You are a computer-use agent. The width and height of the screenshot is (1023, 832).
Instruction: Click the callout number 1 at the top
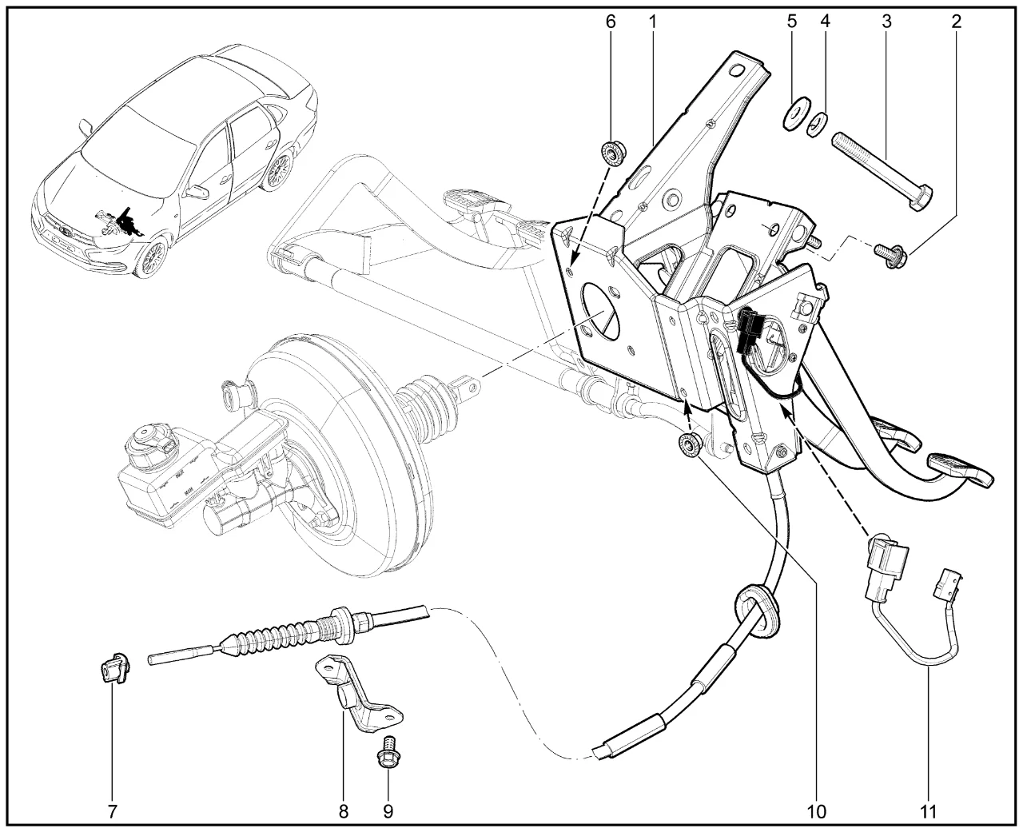tap(652, 22)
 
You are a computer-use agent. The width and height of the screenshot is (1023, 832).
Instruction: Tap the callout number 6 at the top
tap(611, 22)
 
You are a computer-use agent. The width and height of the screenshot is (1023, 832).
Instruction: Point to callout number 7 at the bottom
tap(112, 811)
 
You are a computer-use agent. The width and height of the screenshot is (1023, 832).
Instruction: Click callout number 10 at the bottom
tap(816, 811)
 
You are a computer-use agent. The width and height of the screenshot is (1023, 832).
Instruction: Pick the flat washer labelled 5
tap(796, 112)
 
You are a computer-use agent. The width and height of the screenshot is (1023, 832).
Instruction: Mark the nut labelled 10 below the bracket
tap(689, 446)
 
